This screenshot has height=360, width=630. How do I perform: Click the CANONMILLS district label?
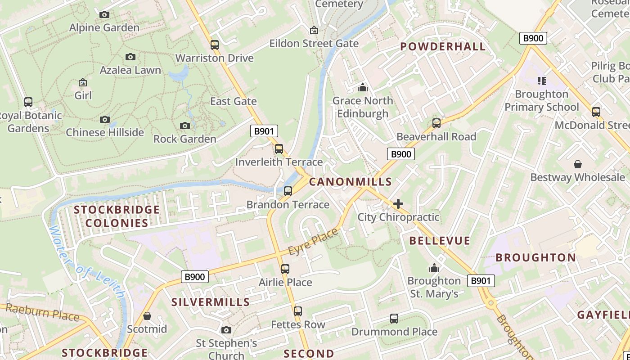coord(350,182)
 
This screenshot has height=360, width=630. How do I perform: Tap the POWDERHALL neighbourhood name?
coord(443,47)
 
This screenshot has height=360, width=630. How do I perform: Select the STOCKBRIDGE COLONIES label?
coord(117,216)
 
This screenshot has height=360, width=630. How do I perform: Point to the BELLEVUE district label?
coord(439,241)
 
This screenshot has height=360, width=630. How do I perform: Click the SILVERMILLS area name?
coord(210,302)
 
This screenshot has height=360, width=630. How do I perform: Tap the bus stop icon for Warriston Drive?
coord(215,45)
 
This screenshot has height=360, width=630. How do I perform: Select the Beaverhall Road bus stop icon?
coord(436,123)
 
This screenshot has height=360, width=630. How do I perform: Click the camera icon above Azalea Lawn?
coord(130,57)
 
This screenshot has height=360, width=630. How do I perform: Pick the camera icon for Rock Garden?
coord(185,126)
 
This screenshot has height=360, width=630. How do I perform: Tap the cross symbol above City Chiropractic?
coord(398,204)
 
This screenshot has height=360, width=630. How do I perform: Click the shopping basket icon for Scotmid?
coord(147,316)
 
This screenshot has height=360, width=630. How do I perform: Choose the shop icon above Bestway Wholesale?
coord(578,164)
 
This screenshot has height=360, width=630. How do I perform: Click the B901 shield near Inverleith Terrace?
coord(264,131)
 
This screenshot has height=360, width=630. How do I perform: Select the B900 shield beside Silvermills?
coord(195,277)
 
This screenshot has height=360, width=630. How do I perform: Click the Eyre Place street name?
coord(313,242)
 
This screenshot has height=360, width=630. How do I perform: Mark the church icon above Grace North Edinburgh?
coord(363,87)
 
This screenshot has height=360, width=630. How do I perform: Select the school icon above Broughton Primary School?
coord(542,81)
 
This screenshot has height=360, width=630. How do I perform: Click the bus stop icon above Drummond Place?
coord(394,319)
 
